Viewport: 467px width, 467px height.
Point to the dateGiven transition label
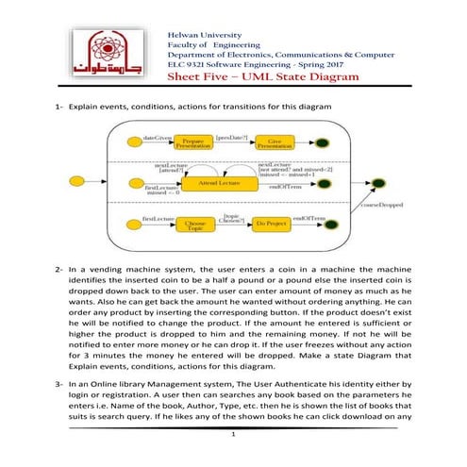point(156,137)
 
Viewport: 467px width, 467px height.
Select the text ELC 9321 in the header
point(187,63)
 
